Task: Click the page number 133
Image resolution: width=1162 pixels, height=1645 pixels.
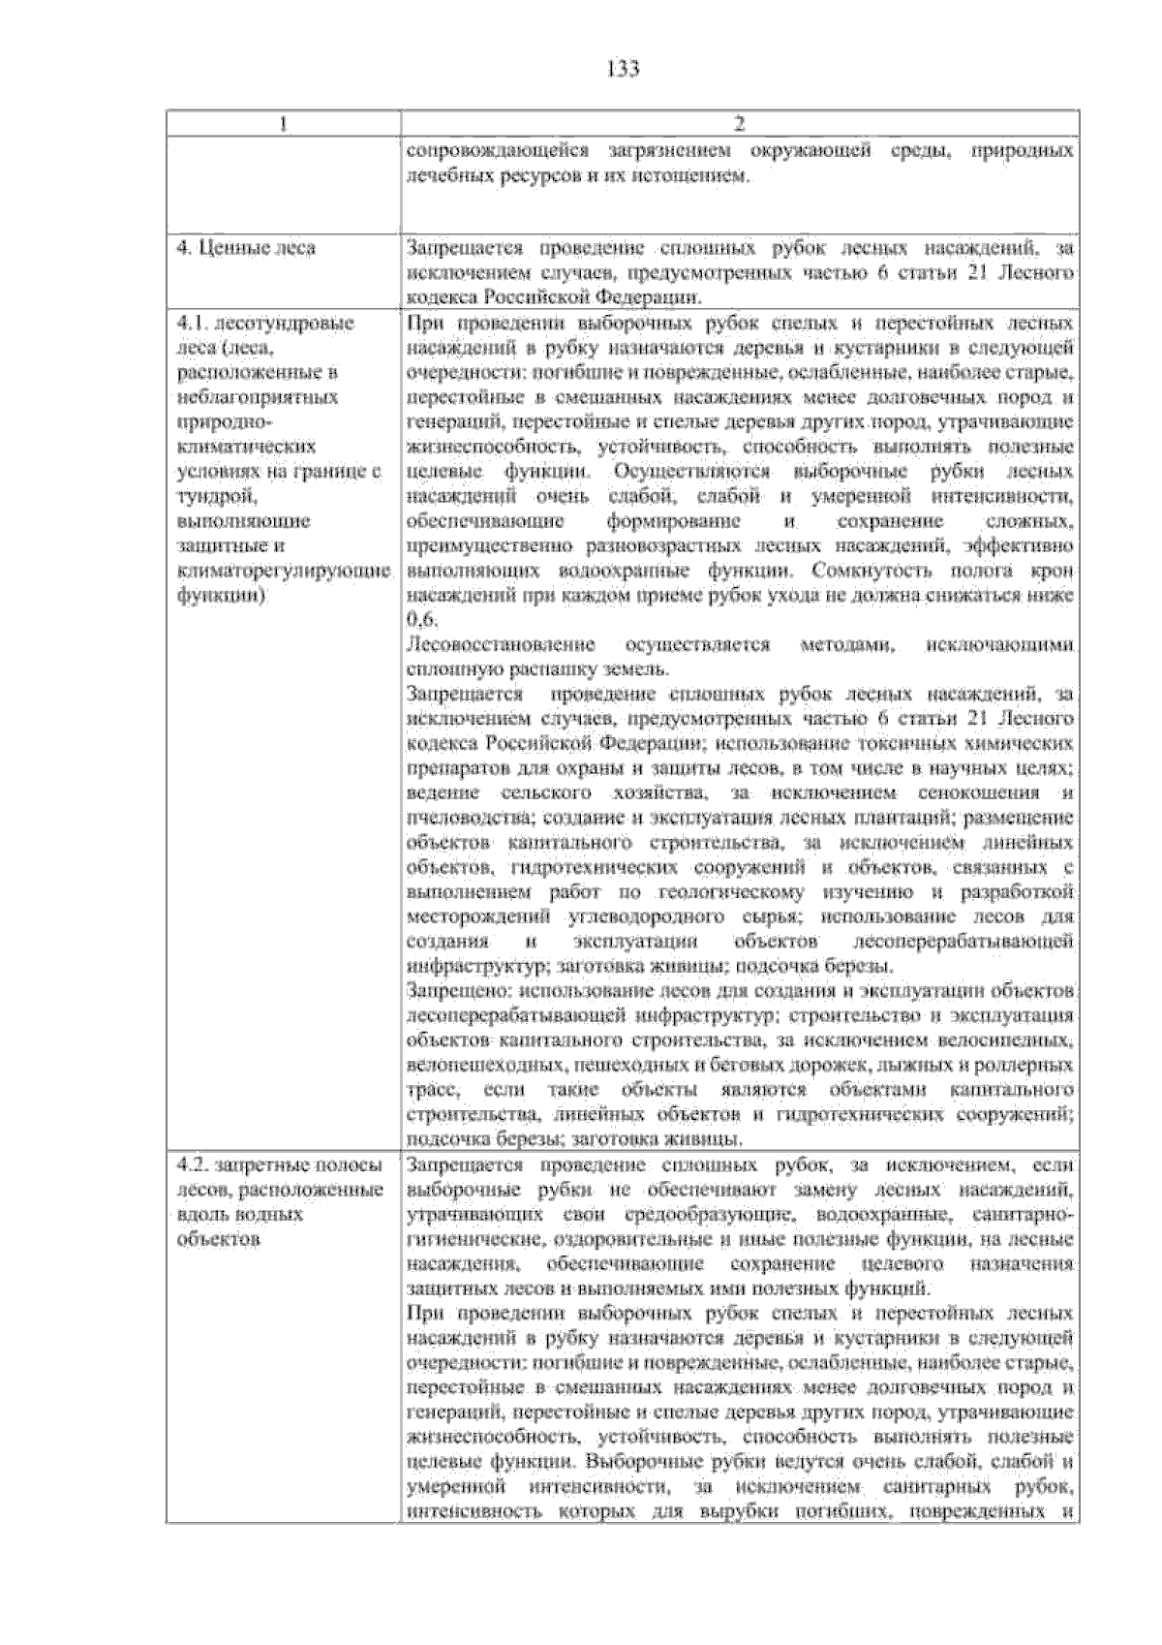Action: pyautogui.click(x=624, y=69)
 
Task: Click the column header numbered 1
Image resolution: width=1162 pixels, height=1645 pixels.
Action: pyautogui.click(x=283, y=123)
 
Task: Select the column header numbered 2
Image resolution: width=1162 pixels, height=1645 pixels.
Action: pyautogui.click(x=740, y=123)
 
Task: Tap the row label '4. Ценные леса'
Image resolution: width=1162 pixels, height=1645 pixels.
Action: pyautogui.click(x=246, y=248)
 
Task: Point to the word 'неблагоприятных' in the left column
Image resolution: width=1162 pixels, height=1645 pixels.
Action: pyautogui.click(x=257, y=397)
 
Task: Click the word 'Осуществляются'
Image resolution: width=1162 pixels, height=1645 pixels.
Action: pyautogui.click(x=691, y=472)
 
